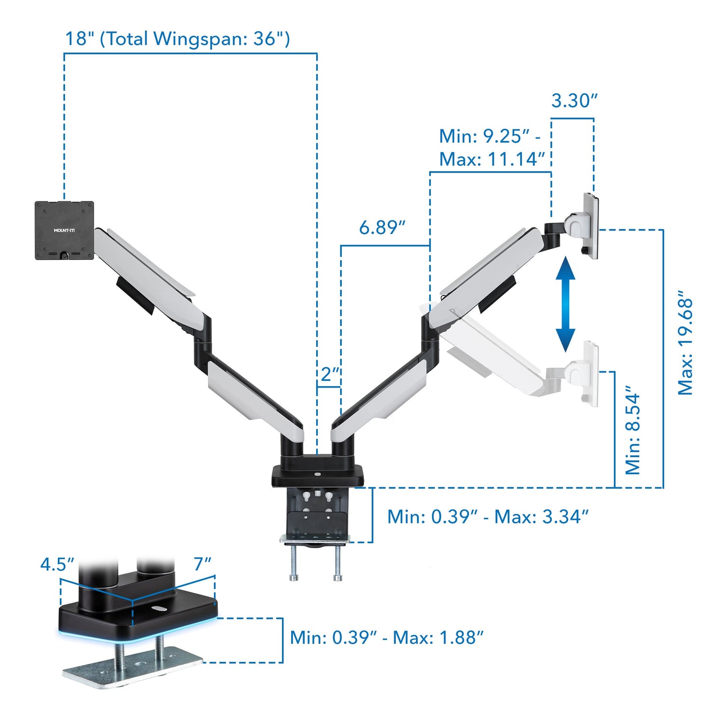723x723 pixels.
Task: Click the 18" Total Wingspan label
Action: click(177, 39)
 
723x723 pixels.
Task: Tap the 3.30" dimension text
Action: click(574, 101)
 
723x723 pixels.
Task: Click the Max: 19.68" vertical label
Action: click(685, 343)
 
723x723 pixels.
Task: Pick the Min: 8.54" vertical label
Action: click(633, 429)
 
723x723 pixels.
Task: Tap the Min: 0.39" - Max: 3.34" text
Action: click(488, 517)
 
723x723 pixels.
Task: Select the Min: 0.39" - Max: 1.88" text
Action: click(386, 638)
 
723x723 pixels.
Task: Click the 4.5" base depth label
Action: click(57, 564)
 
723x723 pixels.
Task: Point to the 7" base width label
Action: click(203, 564)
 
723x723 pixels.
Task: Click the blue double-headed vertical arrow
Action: click(565, 305)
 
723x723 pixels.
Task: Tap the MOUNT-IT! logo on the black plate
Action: click(64, 230)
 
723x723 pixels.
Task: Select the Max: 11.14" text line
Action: click(492, 159)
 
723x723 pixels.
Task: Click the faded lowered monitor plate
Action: click(590, 374)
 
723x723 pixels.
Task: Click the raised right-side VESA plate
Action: click(591, 226)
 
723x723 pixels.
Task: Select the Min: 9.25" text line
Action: click(489, 136)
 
